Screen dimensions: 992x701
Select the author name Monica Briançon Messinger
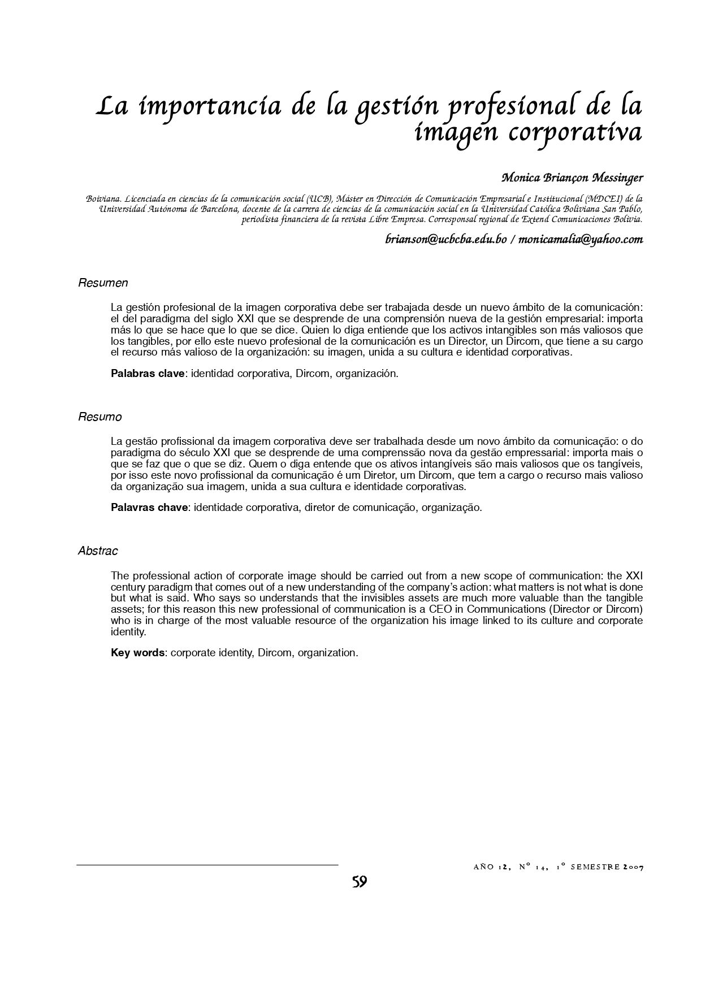pyautogui.click(x=572, y=178)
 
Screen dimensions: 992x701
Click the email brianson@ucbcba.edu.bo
pyautogui.click(x=445, y=239)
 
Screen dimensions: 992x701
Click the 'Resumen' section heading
pyautogui.click(x=103, y=283)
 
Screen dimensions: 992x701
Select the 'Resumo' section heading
pyautogui.click(x=99, y=417)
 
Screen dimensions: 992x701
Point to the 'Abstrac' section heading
pyautogui.click(x=98, y=551)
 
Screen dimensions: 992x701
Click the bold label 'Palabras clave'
pyautogui.click(x=148, y=374)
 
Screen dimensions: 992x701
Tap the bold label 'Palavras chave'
pyautogui.click(x=149, y=507)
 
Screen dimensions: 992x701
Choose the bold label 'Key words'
pyautogui.click(x=137, y=653)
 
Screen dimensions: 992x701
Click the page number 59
pyautogui.click(x=359, y=882)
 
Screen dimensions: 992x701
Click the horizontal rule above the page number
pyautogui.click(x=207, y=865)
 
